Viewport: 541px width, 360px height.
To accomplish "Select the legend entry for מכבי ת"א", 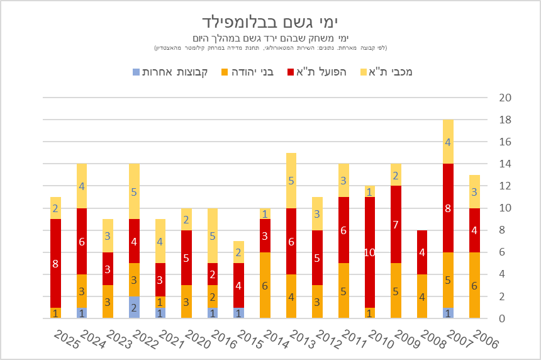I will (x=388, y=72).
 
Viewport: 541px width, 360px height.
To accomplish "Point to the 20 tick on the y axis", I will (x=505, y=98).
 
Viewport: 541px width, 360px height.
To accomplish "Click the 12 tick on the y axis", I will (x=505, y=186).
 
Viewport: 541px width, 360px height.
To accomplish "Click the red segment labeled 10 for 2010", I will (x=369, y=252).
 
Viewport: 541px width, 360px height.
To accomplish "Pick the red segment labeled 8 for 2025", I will (x=55, y=263).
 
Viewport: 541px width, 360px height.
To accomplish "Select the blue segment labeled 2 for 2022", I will (x=134, y=308).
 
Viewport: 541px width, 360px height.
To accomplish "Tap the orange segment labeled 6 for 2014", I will (x=265, y=285).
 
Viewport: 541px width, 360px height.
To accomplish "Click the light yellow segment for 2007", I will (x=448, y=142).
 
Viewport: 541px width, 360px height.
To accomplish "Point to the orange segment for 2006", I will (x=474, y=285).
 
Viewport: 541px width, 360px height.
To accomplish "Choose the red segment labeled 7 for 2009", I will (x=396, y=225).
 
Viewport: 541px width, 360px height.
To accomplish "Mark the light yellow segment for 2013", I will (x=291, y=181).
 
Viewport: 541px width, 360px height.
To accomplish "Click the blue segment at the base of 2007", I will (x=448, y=313).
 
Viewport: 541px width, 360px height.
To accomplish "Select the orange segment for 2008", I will (x=421, y=296).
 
